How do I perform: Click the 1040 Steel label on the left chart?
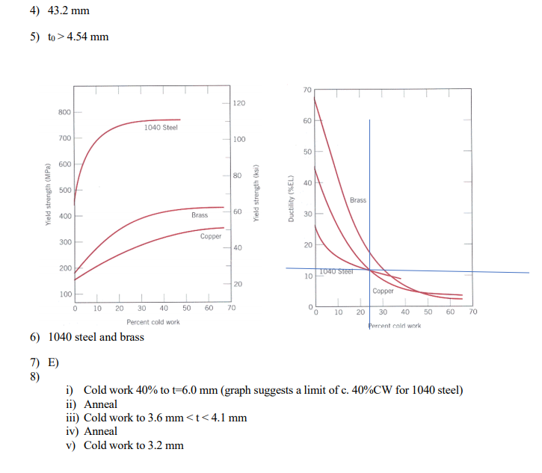click(161, 127)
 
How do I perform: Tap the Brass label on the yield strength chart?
click(200, 215)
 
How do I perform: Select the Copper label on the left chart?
click(211, 236)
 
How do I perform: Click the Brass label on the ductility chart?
click(358, 200)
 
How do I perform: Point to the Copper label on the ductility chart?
click(383, 291)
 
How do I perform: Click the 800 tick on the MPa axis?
click(65, 112)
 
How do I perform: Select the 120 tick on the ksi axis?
click(239, 102)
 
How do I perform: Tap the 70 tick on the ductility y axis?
click(308, 90)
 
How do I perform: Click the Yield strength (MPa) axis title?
click(46, 203)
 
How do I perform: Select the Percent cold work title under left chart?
click(153, 322)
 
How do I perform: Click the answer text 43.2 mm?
click(68, 12)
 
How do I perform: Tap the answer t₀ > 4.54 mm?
click(78, 37)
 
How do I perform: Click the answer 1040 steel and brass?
click(96, 337)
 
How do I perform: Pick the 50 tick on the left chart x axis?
click(186, 308)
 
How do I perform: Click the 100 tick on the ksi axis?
click(239, 139)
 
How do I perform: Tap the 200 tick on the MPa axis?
click(65, 268)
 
